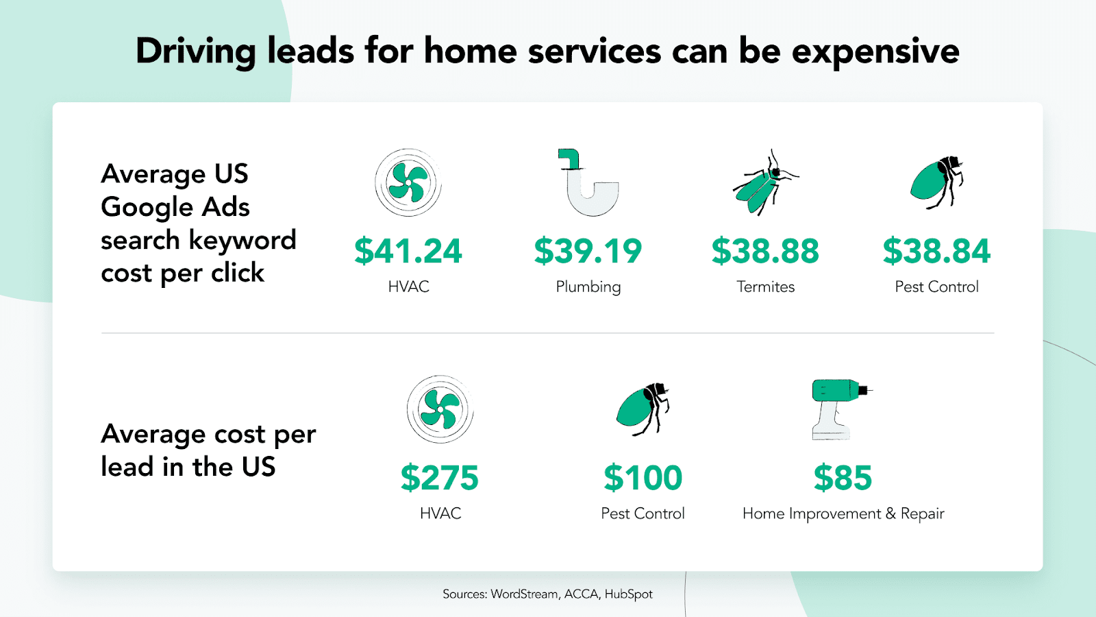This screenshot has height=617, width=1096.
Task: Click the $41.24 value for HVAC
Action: (x=408, y=251)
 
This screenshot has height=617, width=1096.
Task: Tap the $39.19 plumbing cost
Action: (x=588, y=251)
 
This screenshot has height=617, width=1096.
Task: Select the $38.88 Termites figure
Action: (x=765, y=251)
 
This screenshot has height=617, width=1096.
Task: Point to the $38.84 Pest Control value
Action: (x=936, y=251)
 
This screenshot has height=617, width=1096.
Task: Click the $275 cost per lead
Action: (x=440, y=478)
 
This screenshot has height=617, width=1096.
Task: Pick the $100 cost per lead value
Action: (x=643, y=478)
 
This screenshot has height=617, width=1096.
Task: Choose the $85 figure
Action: (x=843, y=478)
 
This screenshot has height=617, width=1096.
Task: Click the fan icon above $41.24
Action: (x=408, y=182)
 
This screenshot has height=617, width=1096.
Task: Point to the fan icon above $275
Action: (x=440, y=409)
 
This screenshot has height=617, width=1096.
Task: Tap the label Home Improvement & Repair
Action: (x=843, y=514)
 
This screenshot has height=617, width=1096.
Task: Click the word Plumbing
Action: (x=588, y=287)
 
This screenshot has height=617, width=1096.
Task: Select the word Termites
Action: (x=765, y=287)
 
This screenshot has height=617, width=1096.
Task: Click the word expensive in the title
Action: (x=875, y=52)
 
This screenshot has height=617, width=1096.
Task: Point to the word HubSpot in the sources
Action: (x=628, y=594)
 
